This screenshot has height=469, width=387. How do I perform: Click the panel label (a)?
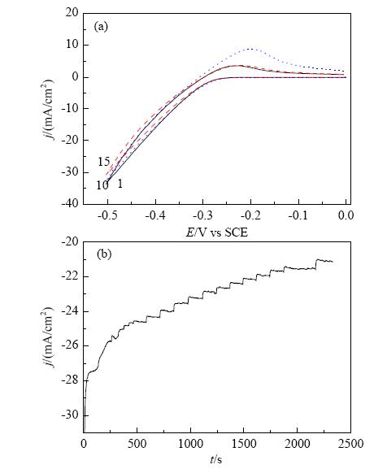(101, 27)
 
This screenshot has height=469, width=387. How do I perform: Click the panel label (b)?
(104, 254)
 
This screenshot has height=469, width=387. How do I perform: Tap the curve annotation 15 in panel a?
(104, 162)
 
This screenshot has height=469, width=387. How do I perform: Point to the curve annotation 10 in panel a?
(102, 185)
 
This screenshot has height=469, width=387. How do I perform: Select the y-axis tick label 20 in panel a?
(72, 12)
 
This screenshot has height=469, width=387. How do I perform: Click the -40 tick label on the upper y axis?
(70, 203)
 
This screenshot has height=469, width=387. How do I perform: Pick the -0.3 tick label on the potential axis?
(202, 215)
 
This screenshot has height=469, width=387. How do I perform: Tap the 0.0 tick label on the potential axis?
(346, 215)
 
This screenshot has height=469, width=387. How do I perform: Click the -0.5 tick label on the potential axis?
(107, 215)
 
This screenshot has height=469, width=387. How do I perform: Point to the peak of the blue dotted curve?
(250, 49)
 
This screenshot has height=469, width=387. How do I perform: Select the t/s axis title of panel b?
(216, 459)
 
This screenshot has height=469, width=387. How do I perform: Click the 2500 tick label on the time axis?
(350, 444)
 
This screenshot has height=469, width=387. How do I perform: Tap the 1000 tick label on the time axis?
(190, 444)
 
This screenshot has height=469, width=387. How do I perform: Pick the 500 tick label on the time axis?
(137, 444)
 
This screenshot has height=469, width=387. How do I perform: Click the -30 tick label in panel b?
(70, 415)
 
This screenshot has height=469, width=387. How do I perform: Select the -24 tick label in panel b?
(70, 311)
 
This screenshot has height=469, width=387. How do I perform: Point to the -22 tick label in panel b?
(70, 276)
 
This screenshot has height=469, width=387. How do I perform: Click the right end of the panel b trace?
(333, 262)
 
